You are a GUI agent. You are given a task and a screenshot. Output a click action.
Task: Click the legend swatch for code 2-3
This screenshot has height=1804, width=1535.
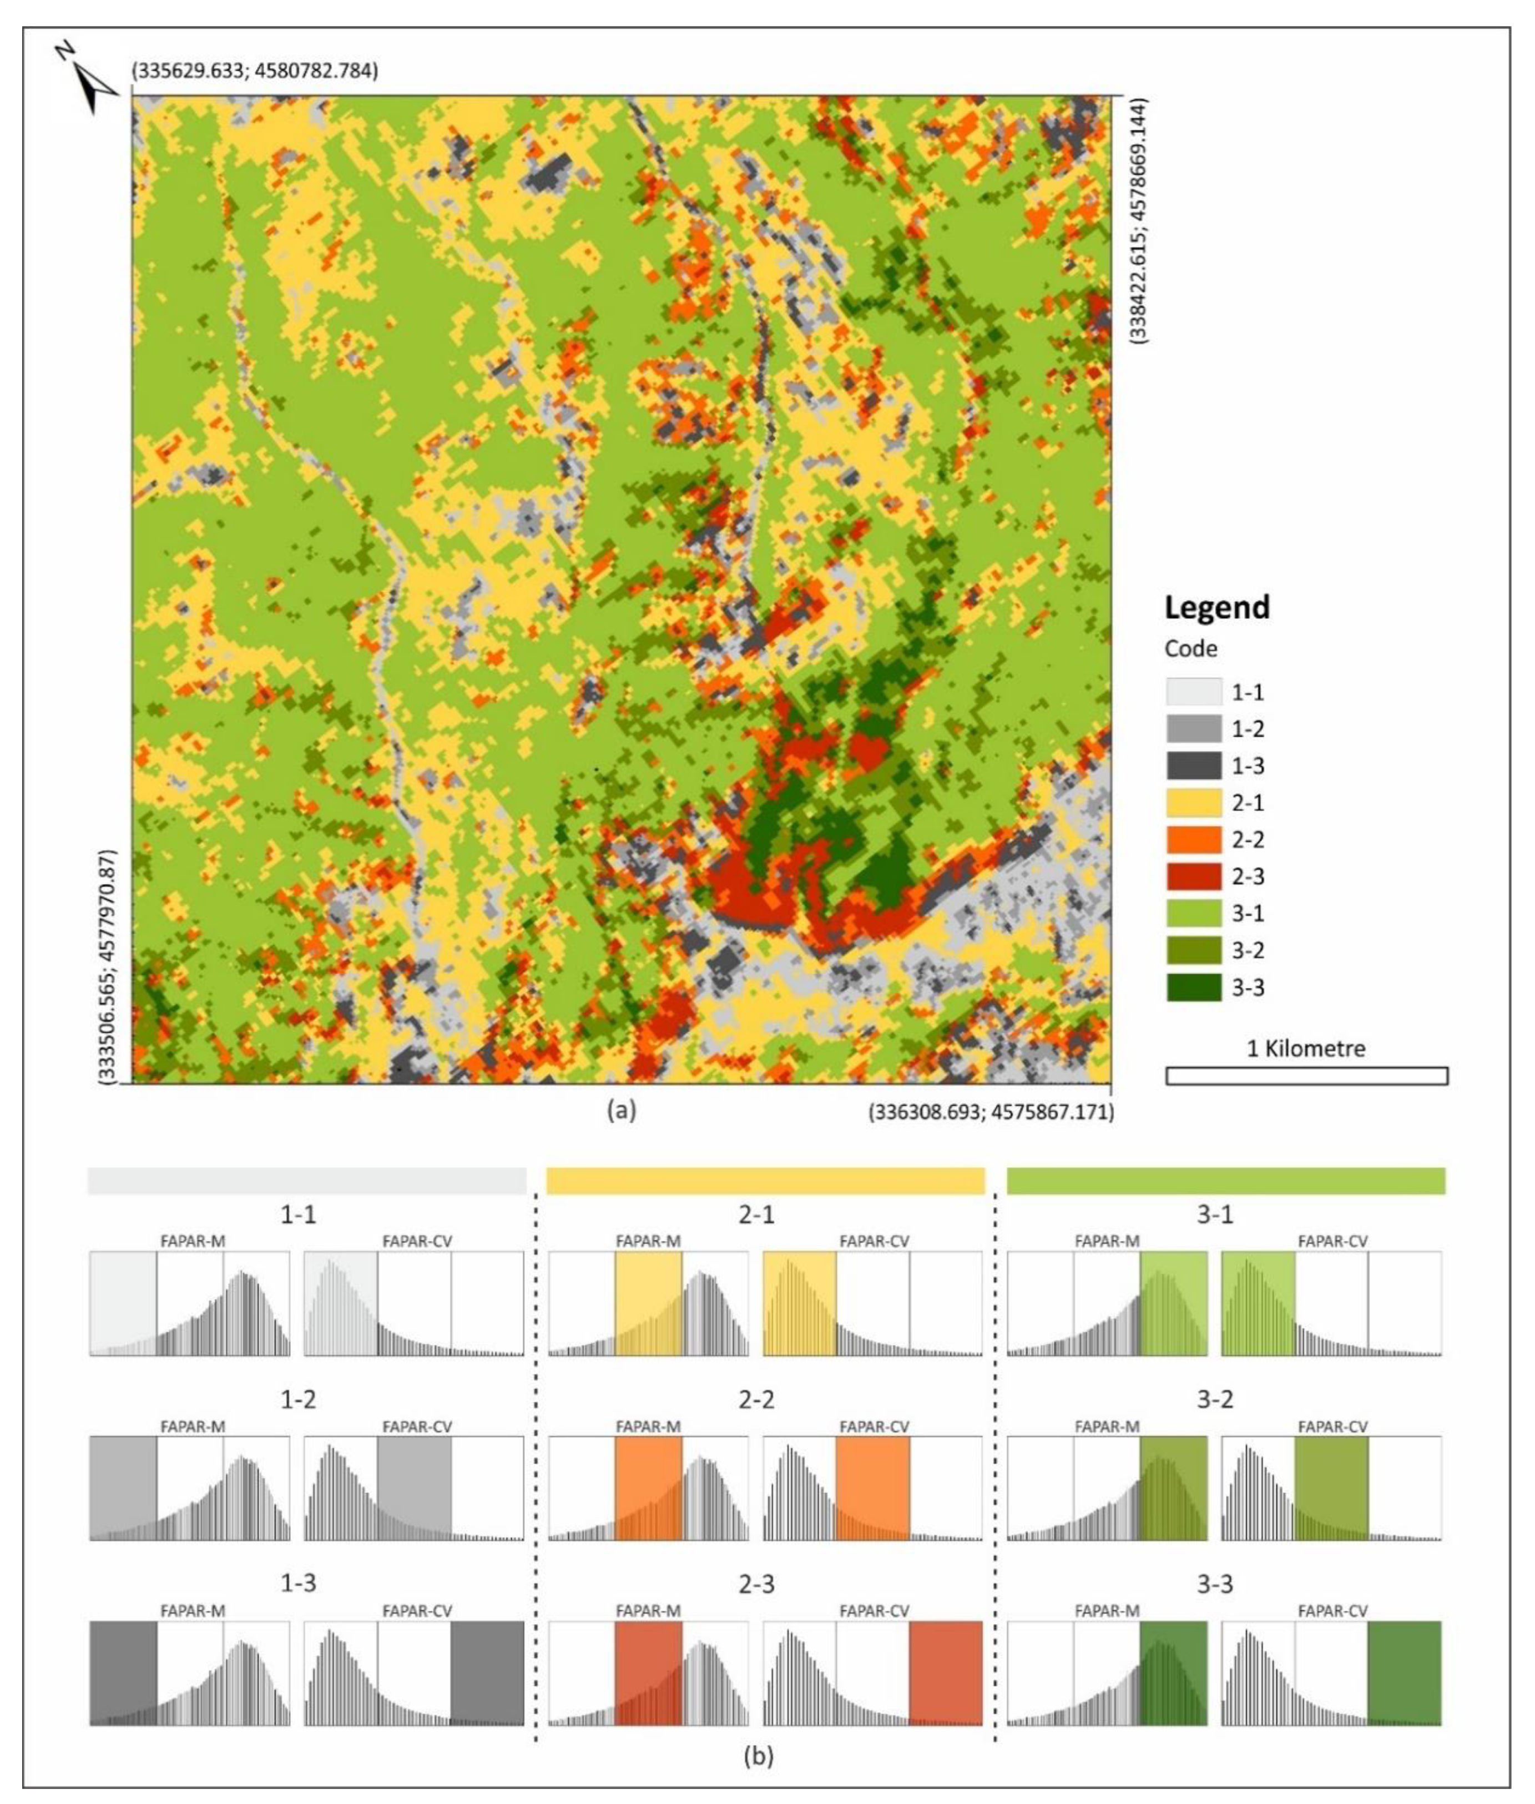1193,876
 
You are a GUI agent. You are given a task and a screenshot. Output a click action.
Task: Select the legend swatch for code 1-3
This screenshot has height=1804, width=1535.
1193,766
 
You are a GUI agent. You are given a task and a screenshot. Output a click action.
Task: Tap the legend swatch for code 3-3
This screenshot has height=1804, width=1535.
1193,987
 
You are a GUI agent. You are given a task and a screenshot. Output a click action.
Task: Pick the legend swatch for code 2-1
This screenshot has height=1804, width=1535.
1193,802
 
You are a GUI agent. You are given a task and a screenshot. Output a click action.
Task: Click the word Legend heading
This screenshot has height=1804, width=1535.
1216,607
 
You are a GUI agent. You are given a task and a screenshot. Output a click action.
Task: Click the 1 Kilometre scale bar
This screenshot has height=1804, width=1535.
1306,1076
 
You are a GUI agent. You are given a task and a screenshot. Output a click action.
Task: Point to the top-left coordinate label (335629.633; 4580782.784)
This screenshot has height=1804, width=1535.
254,72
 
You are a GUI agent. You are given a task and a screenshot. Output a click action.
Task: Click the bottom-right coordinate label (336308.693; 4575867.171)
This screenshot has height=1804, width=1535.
990,1112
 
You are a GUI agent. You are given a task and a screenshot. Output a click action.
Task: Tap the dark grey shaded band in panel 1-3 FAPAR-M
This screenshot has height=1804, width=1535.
124,1672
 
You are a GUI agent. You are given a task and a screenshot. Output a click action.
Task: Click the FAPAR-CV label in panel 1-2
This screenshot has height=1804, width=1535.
417,1427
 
